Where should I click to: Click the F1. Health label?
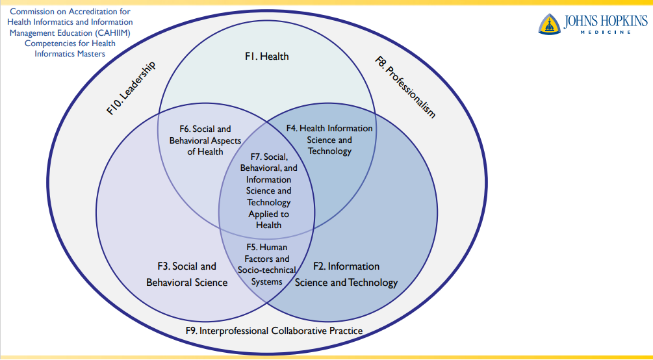tap(266, 57)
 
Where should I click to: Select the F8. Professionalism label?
tap(405, 87)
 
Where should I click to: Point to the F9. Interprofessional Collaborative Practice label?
tap(274, 331)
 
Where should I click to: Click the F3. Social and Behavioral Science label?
tap(187, 274)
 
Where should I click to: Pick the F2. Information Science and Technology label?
tap(346, 274)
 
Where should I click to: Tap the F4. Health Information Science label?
tap(329, 140)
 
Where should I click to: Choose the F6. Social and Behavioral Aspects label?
tap(205, 140)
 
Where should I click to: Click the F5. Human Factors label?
tap(266, 264)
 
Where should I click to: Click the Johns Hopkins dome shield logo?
tap(550, 24)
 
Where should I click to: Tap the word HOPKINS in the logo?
tap(621, 22)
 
